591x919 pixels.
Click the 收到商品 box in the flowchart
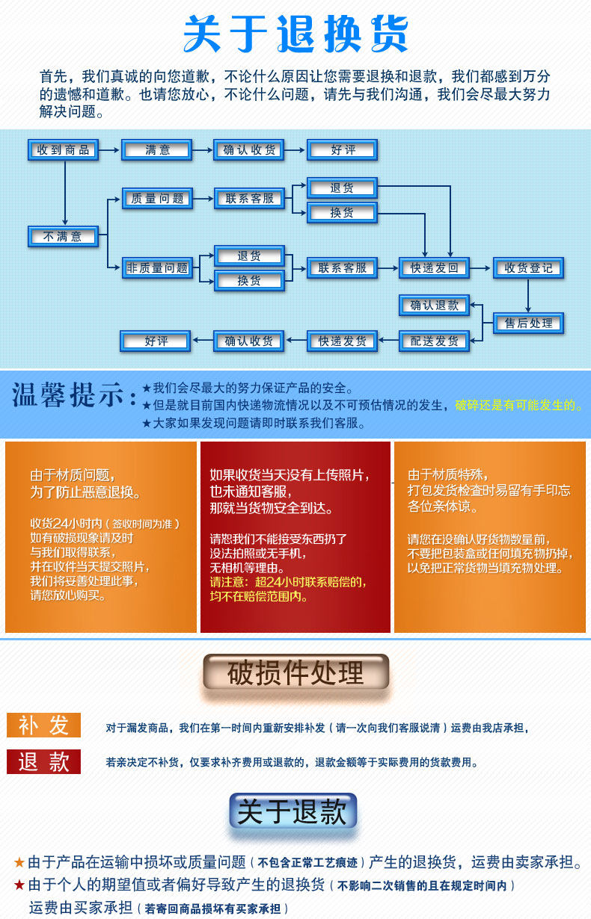click(x=64, y=150)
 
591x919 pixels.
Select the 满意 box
click(x=157, y=150)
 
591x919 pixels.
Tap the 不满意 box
click(x=64, y=237)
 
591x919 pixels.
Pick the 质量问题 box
click(x=157, y=198)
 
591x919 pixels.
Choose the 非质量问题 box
click(x=157, y=267)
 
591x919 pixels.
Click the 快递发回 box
click(x=435, y=267)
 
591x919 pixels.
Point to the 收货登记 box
click(x=528, y=267)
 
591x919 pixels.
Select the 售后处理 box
click(x=528, y=323)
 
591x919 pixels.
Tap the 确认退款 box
click(x=435, y=305)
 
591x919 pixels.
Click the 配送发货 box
click(x=435, y=341)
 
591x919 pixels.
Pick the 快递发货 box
click(x=343, y=341)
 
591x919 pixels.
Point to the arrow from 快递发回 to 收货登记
click(x=481, y=267)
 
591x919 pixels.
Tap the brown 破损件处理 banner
click(x=295, y=672)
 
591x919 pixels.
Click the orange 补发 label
click(x=43, y=725)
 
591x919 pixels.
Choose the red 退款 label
click(x=43, y=761)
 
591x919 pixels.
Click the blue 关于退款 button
click(x=293, y=812)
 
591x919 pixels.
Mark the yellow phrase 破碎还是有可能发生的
click(x=518, y=406)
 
